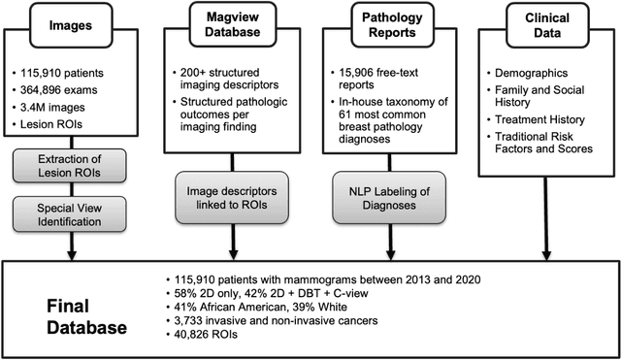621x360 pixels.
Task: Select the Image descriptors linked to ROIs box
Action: [222, 198]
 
